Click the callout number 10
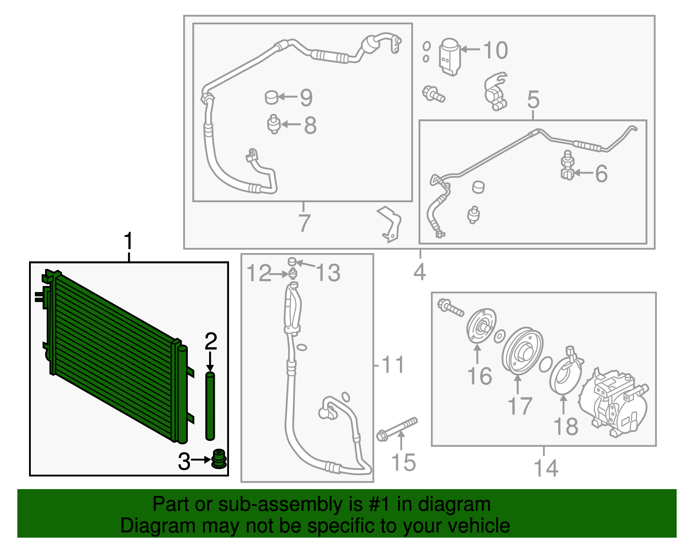(495, 50)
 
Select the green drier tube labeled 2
(210, 406)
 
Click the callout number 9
(306, 97)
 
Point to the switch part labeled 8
(273, 124)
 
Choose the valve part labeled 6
(567, 165)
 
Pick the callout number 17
(520, 406)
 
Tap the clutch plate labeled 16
(481, 326)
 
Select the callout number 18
(566, 426)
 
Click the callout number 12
(259, 273)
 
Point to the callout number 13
(328, 273)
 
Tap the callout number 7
(304, 223)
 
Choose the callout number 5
(534, 99)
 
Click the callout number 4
(420, 272)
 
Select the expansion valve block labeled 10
(450, 57)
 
